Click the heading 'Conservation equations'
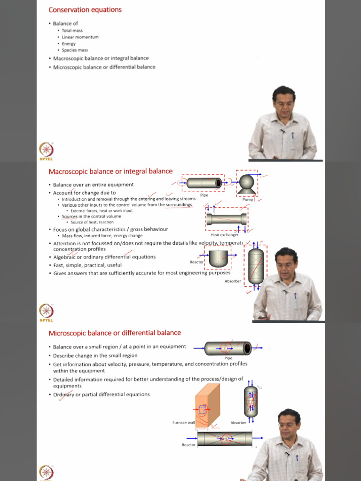pyautogui.click(x=85, y=10)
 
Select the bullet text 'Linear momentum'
pyautogui.click(x=80, y=37)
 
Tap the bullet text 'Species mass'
pyautogui.click(x=75, y=50)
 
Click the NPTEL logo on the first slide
pyautogui.click(x=46, y=151)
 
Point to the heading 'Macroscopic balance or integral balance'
pyautogui.click(x=110, y=171)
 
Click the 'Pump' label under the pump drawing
pyautogui.click(x=248, y=200)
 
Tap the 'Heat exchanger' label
pyautogui.click(x=224, y=235)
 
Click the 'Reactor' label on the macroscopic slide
pyautogui.click(x=196, y=262)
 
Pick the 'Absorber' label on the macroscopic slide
pyautogui.click(x=233, y=281)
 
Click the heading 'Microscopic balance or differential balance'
pyautogui.click(x=115, y=333)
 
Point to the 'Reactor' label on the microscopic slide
pyautogui.click(x=188, y=445)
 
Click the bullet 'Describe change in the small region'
pyautogui.click(x=95, y=356)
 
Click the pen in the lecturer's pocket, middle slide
pyautogui.click(x=295, y=296)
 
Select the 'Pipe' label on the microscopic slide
pyautogui.click(x=228, y=358)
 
